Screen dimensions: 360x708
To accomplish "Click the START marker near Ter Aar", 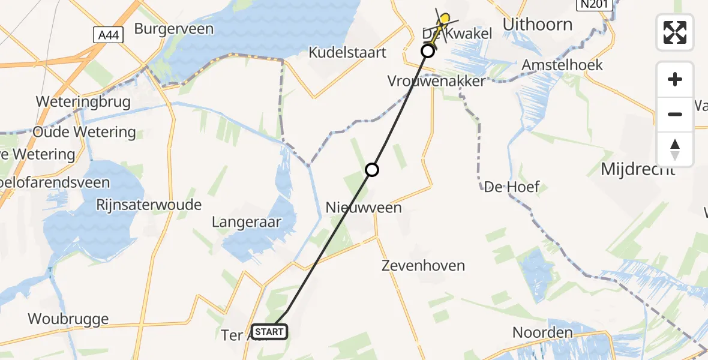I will (269, 331).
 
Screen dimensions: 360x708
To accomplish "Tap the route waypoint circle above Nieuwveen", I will (372, 170).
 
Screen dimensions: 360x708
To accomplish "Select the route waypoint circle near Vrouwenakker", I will (427, 51).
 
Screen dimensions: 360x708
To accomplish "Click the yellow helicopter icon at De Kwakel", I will (443, 22).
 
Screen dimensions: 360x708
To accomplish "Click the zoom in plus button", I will (675, 79).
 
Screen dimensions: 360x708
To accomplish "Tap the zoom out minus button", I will (675, 114).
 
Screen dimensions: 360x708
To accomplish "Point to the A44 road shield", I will (109, 35).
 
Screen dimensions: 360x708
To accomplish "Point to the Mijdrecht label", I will (638, 169).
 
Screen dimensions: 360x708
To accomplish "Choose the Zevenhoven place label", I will (423, 265).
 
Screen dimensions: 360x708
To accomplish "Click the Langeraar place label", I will (247, 222).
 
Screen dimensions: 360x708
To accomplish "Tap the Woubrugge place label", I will (68, 319).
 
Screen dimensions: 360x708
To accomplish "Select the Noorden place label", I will (542, 332).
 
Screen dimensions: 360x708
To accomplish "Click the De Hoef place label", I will (512, 187).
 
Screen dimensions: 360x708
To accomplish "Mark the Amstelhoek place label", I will (562, 64).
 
